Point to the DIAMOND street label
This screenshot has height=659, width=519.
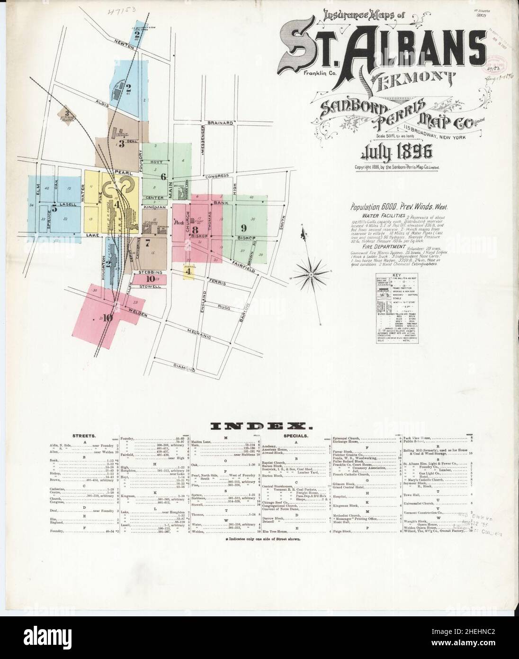184,367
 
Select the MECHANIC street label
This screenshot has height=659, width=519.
199,336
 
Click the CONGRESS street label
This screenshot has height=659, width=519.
215,177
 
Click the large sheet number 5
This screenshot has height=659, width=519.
54,207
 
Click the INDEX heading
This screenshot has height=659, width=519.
259,427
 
